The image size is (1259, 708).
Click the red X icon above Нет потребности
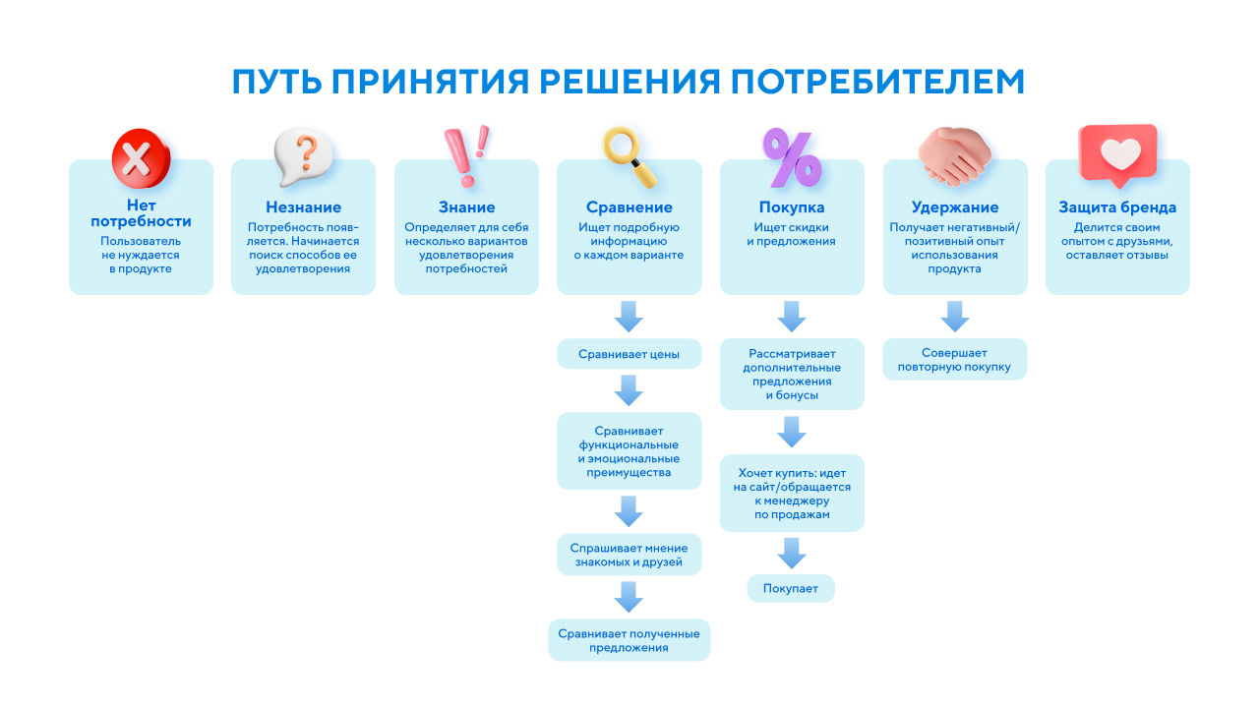[x=141, y=157]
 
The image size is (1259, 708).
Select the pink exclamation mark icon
[x=465, y=157]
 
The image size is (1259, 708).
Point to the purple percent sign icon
[x=792, y=157]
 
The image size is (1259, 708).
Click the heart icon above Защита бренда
[x=1117, y=154]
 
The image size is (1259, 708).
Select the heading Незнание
[x=304, y=207]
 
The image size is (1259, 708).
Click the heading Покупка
[x=792, y=207]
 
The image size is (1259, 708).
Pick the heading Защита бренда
[x=1117, y=207]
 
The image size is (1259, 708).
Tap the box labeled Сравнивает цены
[x=629, y=353]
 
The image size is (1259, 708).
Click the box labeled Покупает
[x=791, y=588]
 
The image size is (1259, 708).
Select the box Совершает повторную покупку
[x=955, y=359]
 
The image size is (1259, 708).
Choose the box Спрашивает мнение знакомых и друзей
[x=629, y=556]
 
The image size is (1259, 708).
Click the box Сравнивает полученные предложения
[x=629, y=640]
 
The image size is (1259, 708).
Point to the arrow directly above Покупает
[x=792, y=554]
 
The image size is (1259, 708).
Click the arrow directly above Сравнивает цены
[x=629, y=317]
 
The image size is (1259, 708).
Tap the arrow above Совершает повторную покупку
[x=955, y=317]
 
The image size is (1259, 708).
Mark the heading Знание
[x=466, y=207]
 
